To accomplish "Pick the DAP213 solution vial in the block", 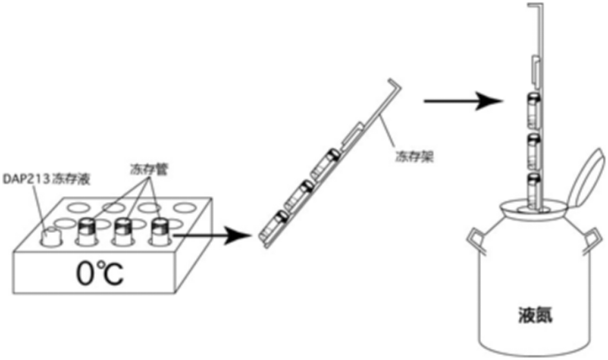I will [50, 235].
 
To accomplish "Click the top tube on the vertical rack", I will [533, 108].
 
